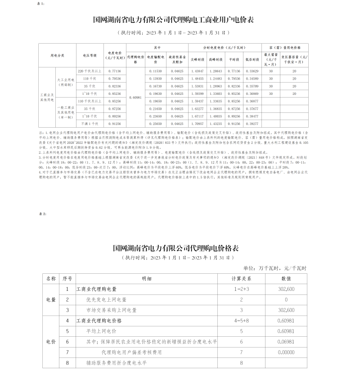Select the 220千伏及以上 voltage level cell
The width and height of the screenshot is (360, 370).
pos(90,71)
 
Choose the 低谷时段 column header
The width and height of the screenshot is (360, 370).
pos(252,59)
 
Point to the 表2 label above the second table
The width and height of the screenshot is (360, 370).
pos(44,214)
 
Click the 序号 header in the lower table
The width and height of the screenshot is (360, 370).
pos(67,279)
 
